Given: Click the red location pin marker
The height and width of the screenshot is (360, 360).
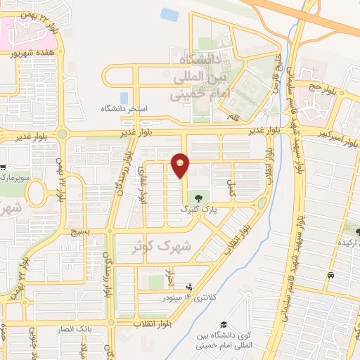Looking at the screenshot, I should [181, 165].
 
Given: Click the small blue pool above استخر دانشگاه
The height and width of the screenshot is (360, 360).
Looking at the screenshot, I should [124, 98].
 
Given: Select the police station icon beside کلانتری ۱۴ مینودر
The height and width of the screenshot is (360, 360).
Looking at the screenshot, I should [188, 287].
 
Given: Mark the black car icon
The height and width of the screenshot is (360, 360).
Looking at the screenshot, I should [330, 276].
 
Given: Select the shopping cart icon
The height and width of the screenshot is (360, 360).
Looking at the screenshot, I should [3, 167].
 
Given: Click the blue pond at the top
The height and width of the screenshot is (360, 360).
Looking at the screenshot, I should [169, 14].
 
